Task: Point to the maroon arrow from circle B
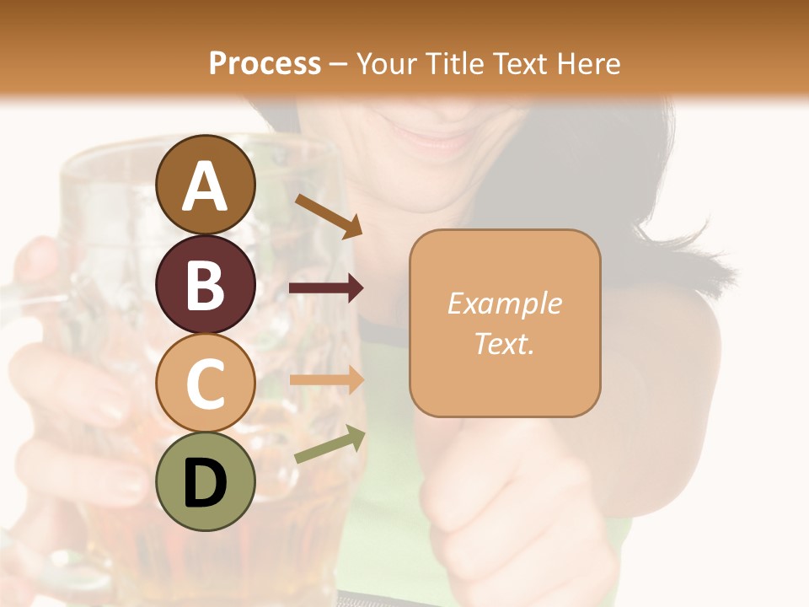325,288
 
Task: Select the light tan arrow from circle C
325,380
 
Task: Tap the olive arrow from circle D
329,444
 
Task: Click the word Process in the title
265,63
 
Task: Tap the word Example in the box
504,304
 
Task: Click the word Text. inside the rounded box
504,343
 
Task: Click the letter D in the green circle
206,483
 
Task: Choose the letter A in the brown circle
206,186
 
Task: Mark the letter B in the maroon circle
206,285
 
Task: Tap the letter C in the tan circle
206,384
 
